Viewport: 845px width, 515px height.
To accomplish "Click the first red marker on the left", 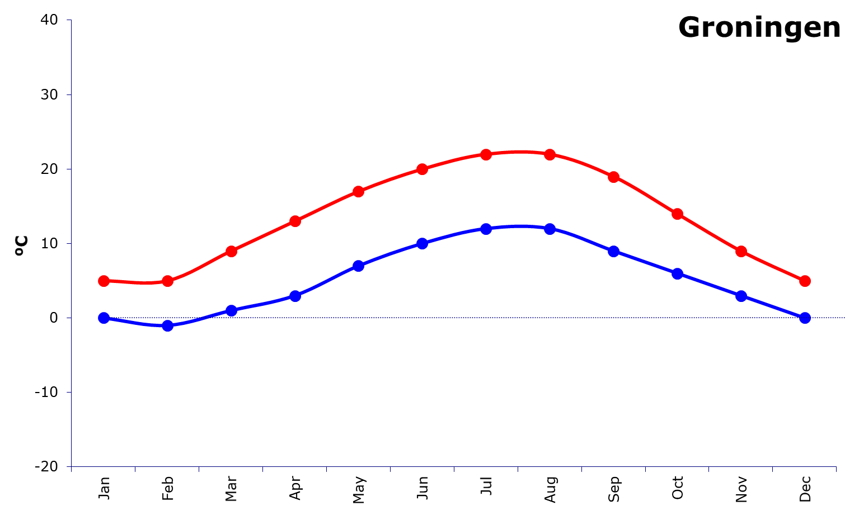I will click(x=104, y=281).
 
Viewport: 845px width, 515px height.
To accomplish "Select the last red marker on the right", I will click(x=805, y=281).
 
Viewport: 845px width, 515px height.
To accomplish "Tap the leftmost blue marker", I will click(x=104, y=318).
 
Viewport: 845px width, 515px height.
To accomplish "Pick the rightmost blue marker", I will click(x=805, y=318).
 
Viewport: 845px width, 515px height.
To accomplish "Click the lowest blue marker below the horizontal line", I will click(x=167, y=325).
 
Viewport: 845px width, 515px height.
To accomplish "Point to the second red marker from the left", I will click(x=167, y=281).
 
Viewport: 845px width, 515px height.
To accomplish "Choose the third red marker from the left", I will click(x=231, y=251).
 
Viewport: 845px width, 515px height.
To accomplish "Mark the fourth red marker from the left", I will click(x=295, y=221).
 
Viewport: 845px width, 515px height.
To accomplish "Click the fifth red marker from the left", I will click(x=359, y=191).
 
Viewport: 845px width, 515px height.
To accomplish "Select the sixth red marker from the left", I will click(x=422, y=169).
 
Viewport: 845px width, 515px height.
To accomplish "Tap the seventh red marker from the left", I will click(x=486, y=154).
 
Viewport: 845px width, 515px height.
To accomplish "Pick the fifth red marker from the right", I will click(x=550, y=154).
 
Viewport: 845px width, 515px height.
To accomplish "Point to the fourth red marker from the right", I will click(x=614, y=177).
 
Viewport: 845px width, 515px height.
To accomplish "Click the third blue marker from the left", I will click(x=231, y=310).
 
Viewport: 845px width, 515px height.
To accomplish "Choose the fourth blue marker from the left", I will click(x=295, y=296).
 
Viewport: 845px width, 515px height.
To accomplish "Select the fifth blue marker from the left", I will click(x=359, y=266).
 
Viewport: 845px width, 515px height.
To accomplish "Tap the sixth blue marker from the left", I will click(x=422, y=243).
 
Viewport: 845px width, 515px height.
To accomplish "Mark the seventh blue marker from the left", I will click(x=486, y=229).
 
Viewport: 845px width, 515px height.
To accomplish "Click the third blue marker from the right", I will click(x=677, y=273).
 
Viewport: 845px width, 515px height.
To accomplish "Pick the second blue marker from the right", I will click(x=741, y=296).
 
